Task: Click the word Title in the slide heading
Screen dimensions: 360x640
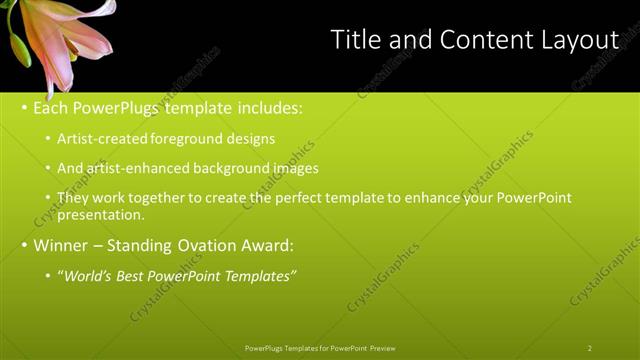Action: click(x=356, y=40)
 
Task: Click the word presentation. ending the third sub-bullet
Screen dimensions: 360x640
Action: click(x=101, y=214)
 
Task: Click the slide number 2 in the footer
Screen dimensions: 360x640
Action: click(x=590, y=348)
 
